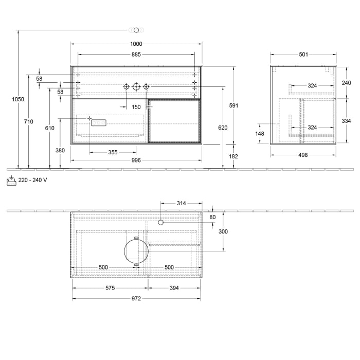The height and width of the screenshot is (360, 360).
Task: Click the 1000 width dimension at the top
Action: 136,44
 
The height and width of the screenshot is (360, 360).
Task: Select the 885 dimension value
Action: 136,54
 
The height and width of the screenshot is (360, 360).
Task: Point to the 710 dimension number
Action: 28,121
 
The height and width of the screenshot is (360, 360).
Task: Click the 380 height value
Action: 60,150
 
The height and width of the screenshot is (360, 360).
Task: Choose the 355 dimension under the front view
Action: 113,152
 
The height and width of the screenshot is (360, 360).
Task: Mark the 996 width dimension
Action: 136,160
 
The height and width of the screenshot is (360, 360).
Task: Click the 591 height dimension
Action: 233,105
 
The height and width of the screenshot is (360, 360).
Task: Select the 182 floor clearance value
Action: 233,156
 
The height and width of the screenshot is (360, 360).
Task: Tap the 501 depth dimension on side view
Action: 303,54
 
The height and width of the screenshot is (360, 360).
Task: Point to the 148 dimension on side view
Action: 260,134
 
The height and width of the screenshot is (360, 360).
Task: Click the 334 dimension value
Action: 346,121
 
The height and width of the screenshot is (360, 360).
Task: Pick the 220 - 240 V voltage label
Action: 33,180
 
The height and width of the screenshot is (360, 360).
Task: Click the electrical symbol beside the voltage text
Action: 11,180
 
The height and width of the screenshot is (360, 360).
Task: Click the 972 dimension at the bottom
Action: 136,298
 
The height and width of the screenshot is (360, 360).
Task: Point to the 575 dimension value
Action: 110,288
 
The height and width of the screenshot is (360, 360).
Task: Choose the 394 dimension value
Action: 174,288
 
